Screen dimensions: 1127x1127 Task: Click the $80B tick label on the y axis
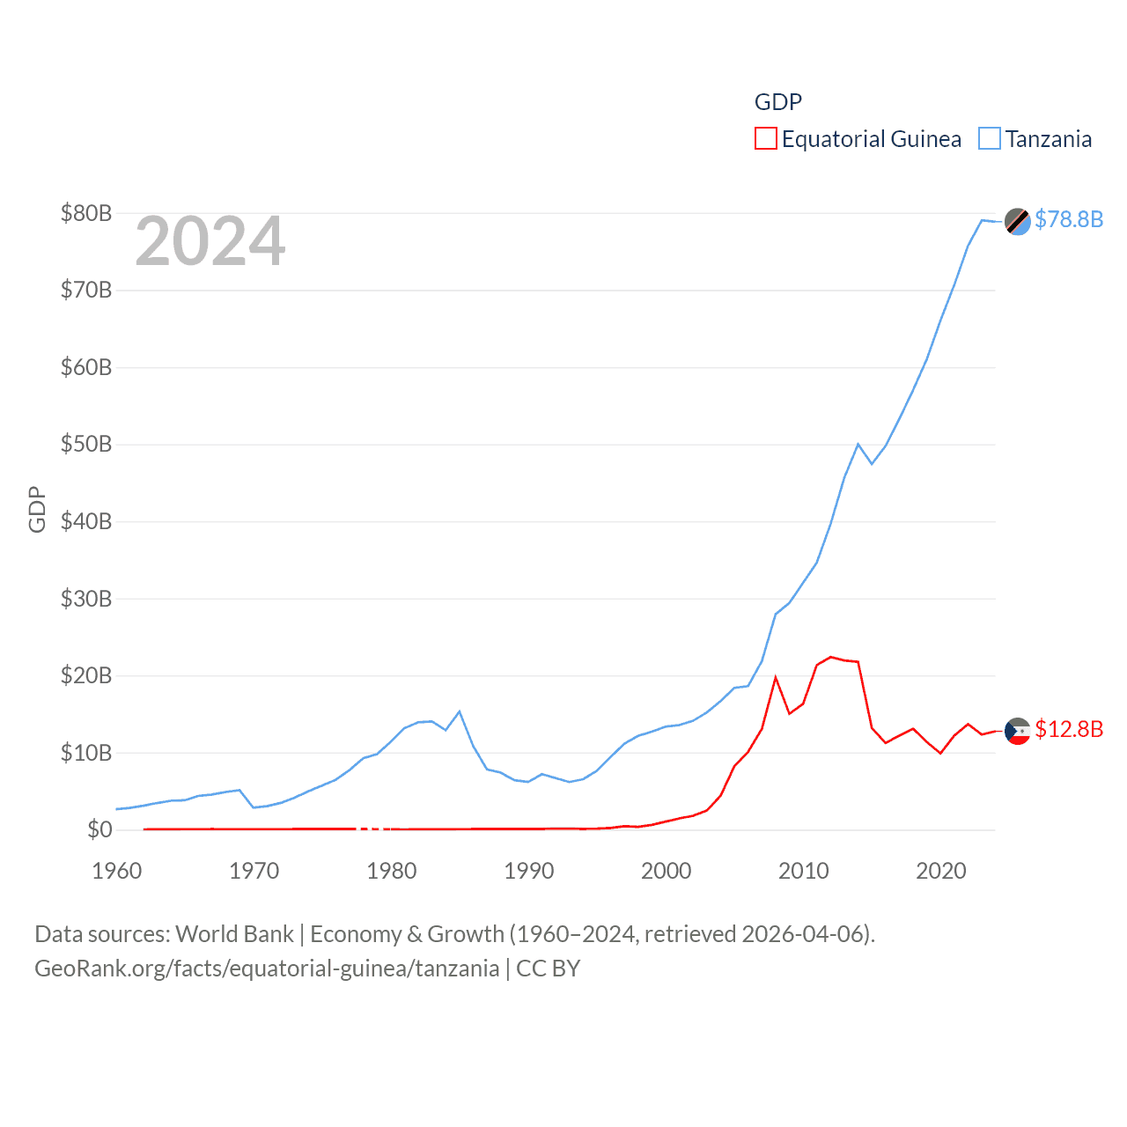click(x=85, y=213)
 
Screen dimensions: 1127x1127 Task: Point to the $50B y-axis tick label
click(x=85, y=444)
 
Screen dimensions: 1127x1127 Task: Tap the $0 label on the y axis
click(x=99, y=829)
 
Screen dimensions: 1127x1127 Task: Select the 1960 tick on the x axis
click(x=117, y=871)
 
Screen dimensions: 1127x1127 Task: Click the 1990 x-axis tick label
click(x=529, y=871)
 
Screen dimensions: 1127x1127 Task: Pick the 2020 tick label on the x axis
click(x=941, y=871)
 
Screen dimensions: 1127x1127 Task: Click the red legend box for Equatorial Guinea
click(x=766, y=139)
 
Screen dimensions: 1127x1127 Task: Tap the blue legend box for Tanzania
click(x=990, y=139)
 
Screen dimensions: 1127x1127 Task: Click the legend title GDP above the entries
click(x=778, y=102)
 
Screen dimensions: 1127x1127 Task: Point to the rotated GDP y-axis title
click(x=37, y=509)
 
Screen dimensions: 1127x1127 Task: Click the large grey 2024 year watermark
click(x=210, y=241)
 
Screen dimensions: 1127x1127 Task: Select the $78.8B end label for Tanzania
click(x=1069, y=219)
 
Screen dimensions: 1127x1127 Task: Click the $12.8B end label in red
click(x=1069, y=729)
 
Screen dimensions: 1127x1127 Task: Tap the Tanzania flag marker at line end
click(x=1018, y=221)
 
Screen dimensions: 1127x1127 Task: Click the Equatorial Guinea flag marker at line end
click(x=1018, y=731)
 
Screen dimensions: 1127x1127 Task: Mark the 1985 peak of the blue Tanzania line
click(x=460, y=711)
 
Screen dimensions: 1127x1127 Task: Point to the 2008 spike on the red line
click(x=776, y=677)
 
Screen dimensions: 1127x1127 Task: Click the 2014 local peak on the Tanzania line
click(x=858, y=444)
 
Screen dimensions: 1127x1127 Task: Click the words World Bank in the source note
click(x=234, y=933)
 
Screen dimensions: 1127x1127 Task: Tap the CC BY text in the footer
click(x=548, y=969)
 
